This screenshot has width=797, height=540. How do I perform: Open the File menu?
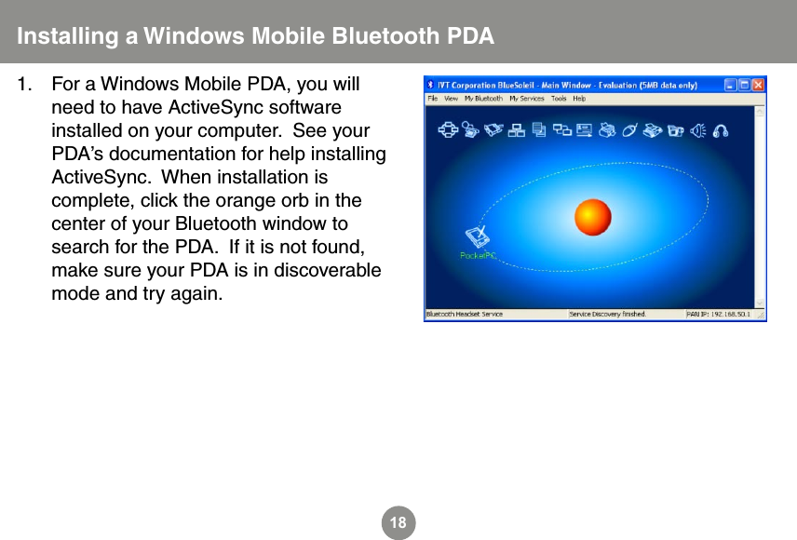(x=433, y=98)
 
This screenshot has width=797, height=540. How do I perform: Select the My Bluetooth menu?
(x=483, y=98)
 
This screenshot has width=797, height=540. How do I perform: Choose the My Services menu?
(x=526, y=98)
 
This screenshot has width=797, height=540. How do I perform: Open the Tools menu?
(x=559, y=98)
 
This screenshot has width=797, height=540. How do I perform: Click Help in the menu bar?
(x=579, y=98)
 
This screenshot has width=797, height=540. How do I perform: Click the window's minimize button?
(x=732, y=84)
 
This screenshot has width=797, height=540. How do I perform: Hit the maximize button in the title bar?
(x=745, y=84)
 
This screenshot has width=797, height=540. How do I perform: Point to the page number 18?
(x=398, y=523)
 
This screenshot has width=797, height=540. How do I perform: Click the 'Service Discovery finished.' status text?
(x=607, y=314)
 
